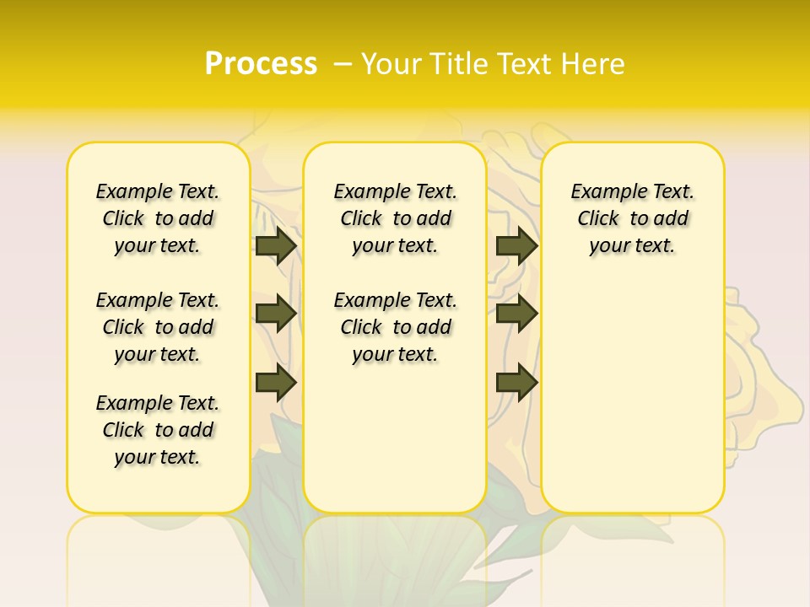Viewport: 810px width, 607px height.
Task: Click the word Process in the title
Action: click(x=261, y=64)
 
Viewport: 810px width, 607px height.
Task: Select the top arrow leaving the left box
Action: click(x=276, y=245)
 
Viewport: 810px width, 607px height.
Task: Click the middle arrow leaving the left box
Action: click(x=276, y=314)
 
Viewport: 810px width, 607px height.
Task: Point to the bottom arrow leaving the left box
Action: click(x=276, y=383)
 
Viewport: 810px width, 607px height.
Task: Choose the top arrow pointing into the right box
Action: click(x=516, y=245)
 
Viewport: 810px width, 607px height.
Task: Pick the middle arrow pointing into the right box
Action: click(x=516, y=314)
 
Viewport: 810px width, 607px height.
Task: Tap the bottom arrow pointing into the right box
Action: click(x=516, y=383)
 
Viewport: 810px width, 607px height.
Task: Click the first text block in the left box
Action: click(x=158, y=218)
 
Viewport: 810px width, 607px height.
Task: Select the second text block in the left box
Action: click(x=158, y=327)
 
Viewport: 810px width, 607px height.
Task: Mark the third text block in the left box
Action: click(x=158, y=430)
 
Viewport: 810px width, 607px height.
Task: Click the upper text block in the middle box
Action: click(x=395, y=218)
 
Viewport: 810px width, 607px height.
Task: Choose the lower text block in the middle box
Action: click(x=395, y=327)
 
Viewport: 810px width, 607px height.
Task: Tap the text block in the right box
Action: click(x=632, y=218)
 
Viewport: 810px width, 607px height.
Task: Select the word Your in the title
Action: click(x=391, y=64)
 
